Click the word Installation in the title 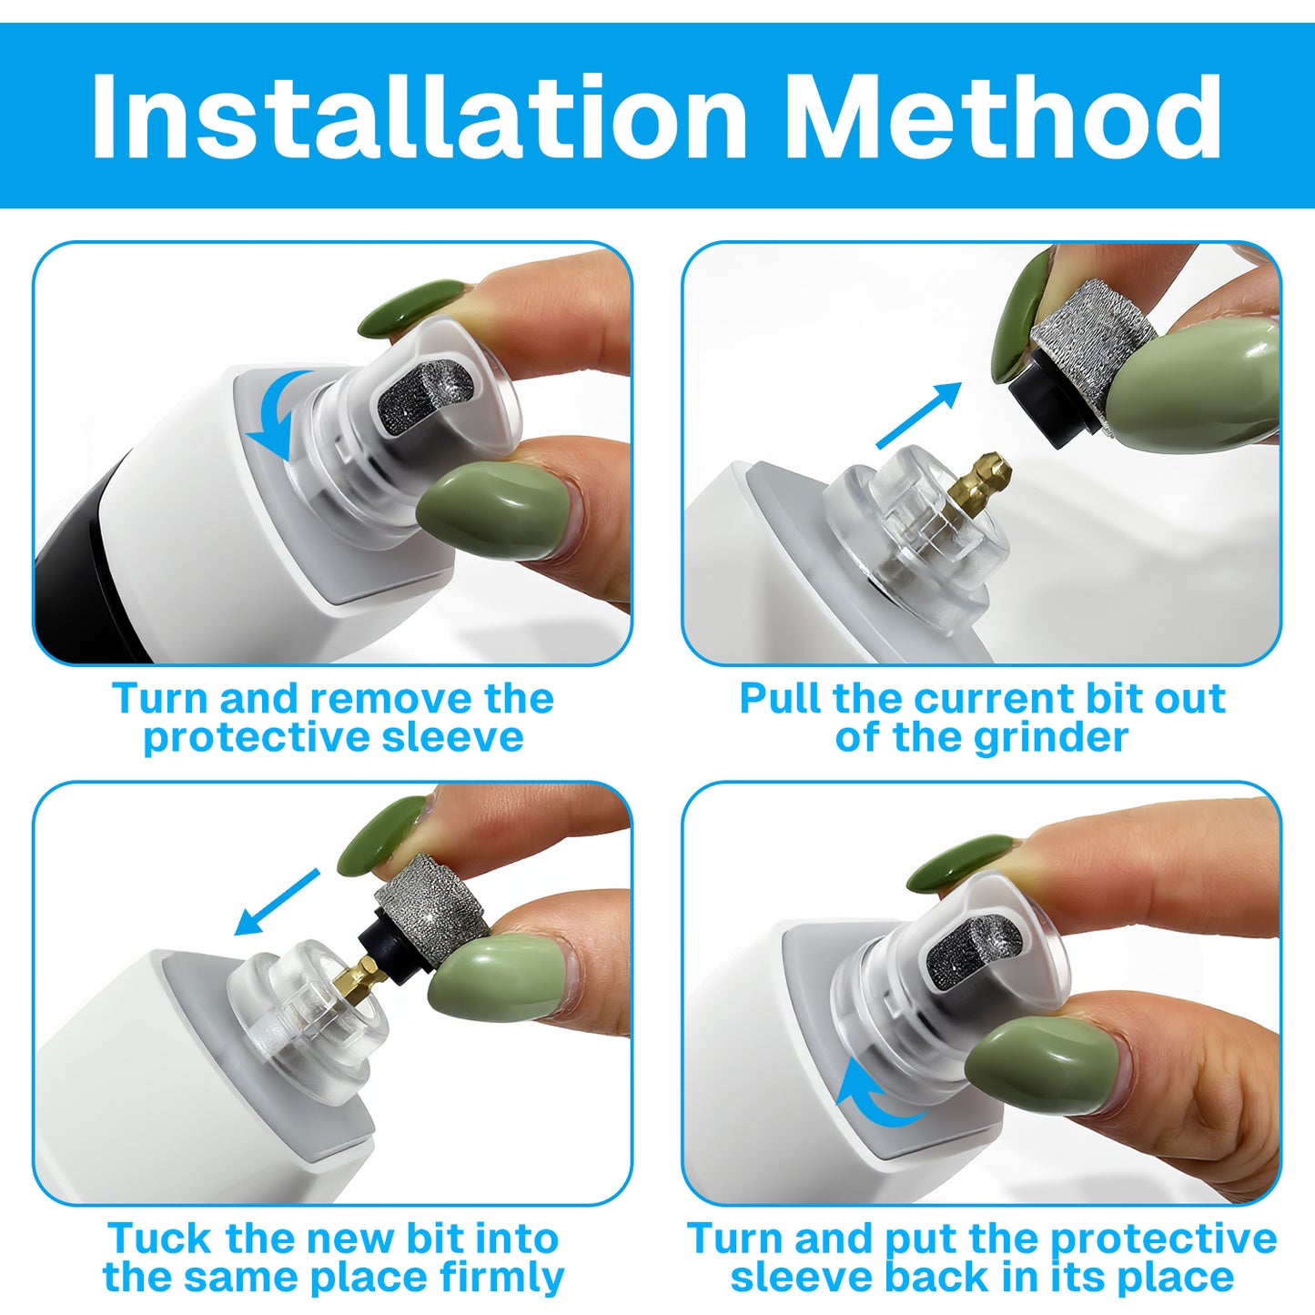pyautogui.click(x=420, y=116)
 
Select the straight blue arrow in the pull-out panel pyautogui.click(x=919, y=416)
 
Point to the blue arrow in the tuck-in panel pyautogui.click(x=277, y=902)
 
